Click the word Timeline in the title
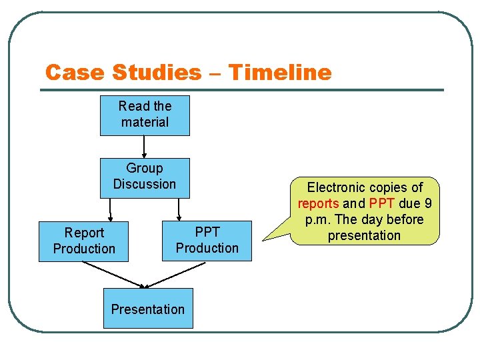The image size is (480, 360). pyautogui.click(x=280, y=72)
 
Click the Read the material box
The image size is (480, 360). pyautogui.click(x=145, y=115)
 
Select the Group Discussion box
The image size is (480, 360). pyautogui.click(x=145, y=177)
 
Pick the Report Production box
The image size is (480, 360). pyautogui.click(x=83, y=241)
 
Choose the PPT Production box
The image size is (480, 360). pyautogui.click(x=207, y=241)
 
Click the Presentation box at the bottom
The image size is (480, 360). pyautogui.click(x=148, y=308)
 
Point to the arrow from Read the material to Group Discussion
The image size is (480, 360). pyautogui.click(x=145, y=147)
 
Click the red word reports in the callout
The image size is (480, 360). pyautogui.click(x=319, y=204)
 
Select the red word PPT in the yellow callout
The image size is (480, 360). pyautogui.click(x=382, y=204)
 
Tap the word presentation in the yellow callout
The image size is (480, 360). pyautogui.click(x=364, y=235)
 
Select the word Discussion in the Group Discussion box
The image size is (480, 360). pyautogui.click(x=145, y=184)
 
